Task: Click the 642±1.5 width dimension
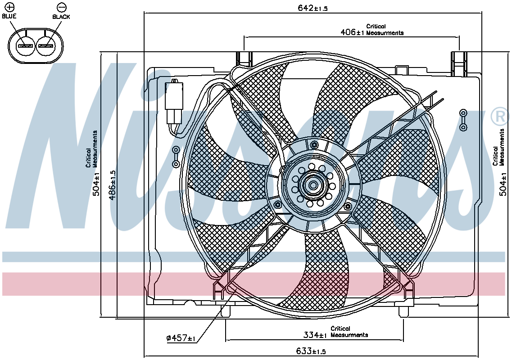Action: coord(312,8)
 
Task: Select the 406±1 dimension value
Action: coord(352,32)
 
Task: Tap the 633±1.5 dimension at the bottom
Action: coord(311,351)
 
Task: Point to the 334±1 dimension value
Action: coord(315,335)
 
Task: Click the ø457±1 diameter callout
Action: coord(181,338)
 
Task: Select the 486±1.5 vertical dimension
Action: coord(112,185)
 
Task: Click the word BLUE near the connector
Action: coord(9,16)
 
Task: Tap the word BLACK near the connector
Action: coord(61,17)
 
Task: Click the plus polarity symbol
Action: coord(10,7)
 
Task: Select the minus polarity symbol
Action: coord(61,7)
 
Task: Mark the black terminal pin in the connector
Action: coord(46,46)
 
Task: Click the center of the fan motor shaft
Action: coord(313,185)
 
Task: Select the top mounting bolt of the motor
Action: coord(314,144)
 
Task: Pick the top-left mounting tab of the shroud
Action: coord(245,59)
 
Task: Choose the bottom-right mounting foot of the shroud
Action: coord(404,311)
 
